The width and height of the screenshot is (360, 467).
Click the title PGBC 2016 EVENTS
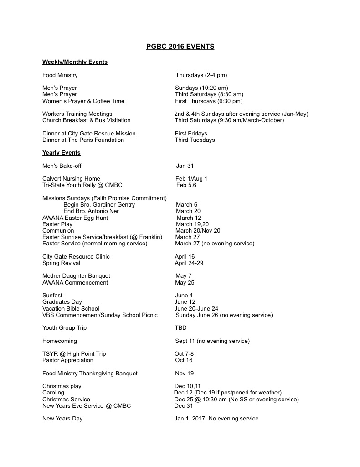tap(180, 47)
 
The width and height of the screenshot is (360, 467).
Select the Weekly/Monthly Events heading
tap(75, 62)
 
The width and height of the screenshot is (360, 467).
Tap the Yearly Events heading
tap(61, 153)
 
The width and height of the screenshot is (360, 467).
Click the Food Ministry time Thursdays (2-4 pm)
tap(201, 75)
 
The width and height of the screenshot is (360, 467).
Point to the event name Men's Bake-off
tap(62, 166)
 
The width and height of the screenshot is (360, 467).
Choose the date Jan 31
tap(185, 166)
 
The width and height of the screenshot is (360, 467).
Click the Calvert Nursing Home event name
tap(71, 179)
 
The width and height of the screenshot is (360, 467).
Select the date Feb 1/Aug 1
tap(191, 179)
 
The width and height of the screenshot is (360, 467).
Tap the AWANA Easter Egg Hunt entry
tap(75, 218)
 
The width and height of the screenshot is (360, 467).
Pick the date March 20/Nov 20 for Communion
tap(197, 231)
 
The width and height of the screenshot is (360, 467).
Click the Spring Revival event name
tap(61, 263)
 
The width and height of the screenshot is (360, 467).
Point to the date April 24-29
tap(189, 263)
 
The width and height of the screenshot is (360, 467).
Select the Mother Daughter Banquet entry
tap(76, 276)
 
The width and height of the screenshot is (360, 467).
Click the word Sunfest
tap(52, 296)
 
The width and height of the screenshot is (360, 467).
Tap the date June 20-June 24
tap(196, 309)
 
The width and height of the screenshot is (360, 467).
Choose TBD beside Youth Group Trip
tap(181, 328)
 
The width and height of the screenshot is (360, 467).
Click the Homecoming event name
tap(60, 341)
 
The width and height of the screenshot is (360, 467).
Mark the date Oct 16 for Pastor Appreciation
tap(184, 360)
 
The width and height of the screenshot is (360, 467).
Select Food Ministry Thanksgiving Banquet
tap(90, 374)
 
